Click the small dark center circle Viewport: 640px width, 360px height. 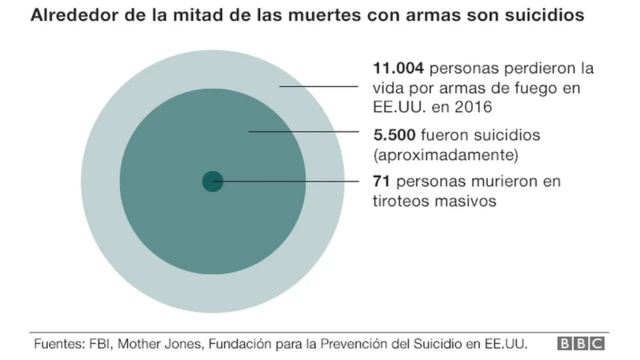click(x=212, y=181)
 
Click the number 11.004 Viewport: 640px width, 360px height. click(x=394, y=69)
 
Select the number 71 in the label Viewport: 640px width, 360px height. click(x=380, y=181)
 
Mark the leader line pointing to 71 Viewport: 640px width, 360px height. click(x=290, y=181)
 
